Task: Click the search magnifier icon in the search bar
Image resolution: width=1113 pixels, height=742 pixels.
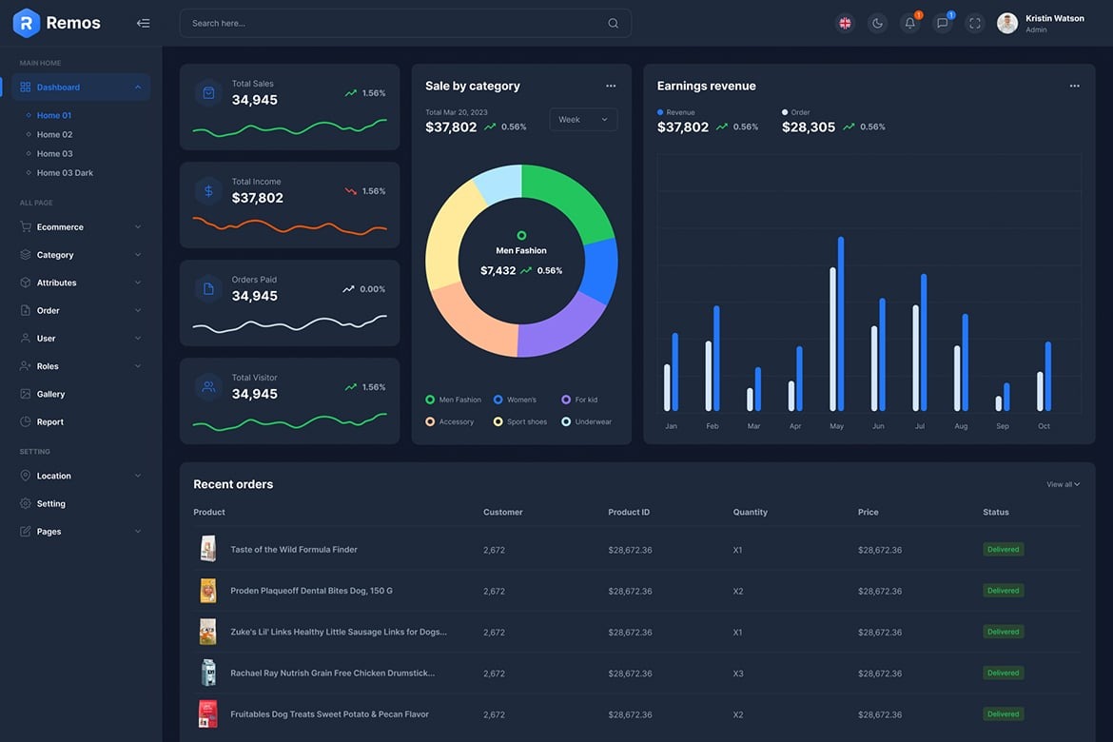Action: pos(613,24)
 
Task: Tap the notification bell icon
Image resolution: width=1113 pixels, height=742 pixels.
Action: pos(910,24)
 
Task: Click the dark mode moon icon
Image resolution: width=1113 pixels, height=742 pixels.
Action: pos(877,24)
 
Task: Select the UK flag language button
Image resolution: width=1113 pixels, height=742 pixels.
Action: pos(845,24)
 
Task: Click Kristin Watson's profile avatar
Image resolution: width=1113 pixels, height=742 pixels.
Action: pos(1007,24)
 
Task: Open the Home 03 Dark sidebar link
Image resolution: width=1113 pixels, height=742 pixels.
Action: pos(65,173)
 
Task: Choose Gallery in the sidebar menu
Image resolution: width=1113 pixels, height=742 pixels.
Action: pos(50,394)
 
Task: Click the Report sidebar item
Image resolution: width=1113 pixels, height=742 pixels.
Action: pos(49,421)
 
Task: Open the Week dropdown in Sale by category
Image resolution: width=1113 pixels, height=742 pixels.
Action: pos(583,120)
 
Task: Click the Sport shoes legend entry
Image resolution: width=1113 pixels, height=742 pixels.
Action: pos(526,421)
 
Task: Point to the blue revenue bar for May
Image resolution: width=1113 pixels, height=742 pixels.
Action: pos(841,323)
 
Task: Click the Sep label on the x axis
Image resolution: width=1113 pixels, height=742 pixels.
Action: pos(1003,426)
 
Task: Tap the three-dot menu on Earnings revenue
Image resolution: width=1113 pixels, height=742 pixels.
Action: pos(1074,86)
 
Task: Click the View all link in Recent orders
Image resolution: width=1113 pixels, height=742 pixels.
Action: pos(1063,484)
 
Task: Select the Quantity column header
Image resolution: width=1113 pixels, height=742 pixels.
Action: pos(750,512)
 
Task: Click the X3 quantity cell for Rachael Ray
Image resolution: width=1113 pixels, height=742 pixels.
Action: pos(738,674)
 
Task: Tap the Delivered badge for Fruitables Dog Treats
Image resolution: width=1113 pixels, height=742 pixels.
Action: pos(1003,714)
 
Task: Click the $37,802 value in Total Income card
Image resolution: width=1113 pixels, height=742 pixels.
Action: pos(258,198)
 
